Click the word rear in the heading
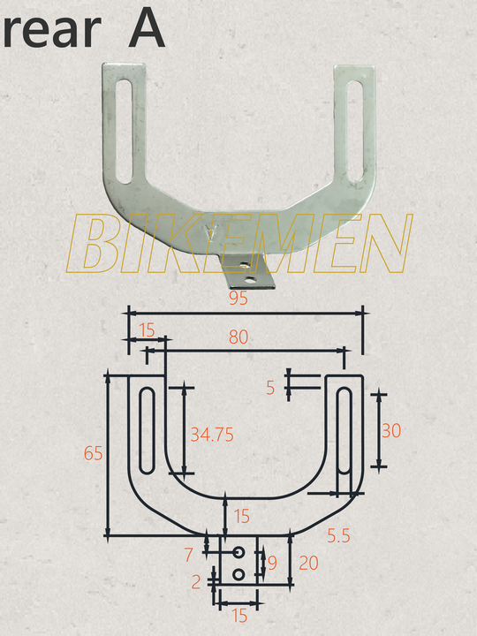coord(51,31)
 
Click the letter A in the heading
coord(146,29)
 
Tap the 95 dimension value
coord(237,299)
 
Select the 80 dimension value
coord(238,337)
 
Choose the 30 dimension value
coord(390,430)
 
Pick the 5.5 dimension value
coord(338,534)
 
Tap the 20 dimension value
coord(308,563)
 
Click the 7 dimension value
coord(188,555)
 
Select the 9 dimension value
coord(272,562)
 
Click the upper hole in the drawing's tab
coord(238,553)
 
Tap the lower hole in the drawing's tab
coord(238,575)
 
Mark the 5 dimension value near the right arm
coord(270,386)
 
